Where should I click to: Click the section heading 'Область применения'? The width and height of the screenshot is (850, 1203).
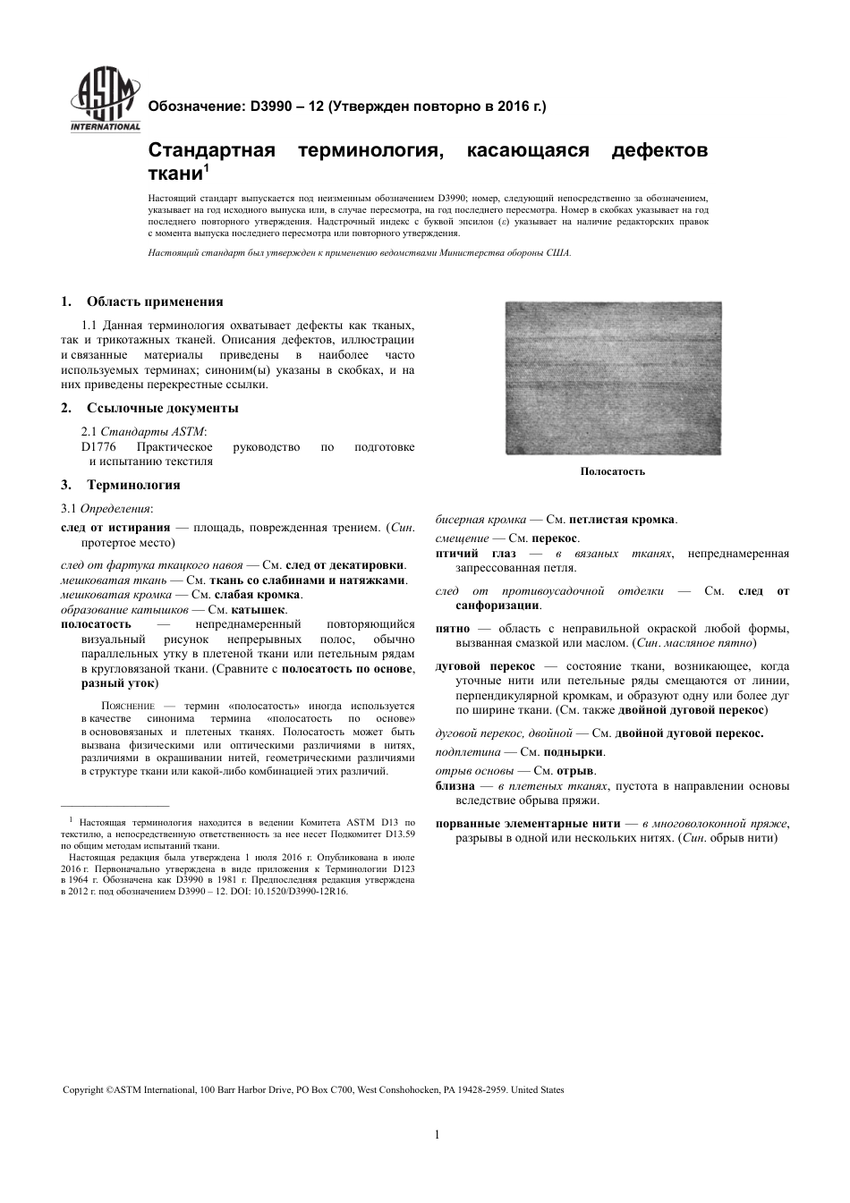click(154, 301)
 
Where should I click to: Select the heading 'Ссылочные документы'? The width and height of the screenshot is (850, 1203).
click(162, 408)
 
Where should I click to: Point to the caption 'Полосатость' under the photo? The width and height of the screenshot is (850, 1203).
click(612, 471)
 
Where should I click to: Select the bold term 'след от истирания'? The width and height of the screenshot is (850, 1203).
click(115, 528)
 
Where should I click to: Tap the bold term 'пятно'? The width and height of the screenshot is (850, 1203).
click(453, 629)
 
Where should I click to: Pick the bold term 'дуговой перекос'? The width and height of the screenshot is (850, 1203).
click(485, 666)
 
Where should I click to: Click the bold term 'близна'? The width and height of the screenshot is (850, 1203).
click(455, 786)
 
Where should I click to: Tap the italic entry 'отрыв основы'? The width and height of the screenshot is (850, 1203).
click(474, 770)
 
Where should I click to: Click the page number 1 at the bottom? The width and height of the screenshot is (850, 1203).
click(437, 1135)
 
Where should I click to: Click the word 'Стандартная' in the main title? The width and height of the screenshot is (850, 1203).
click(210, 150)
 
